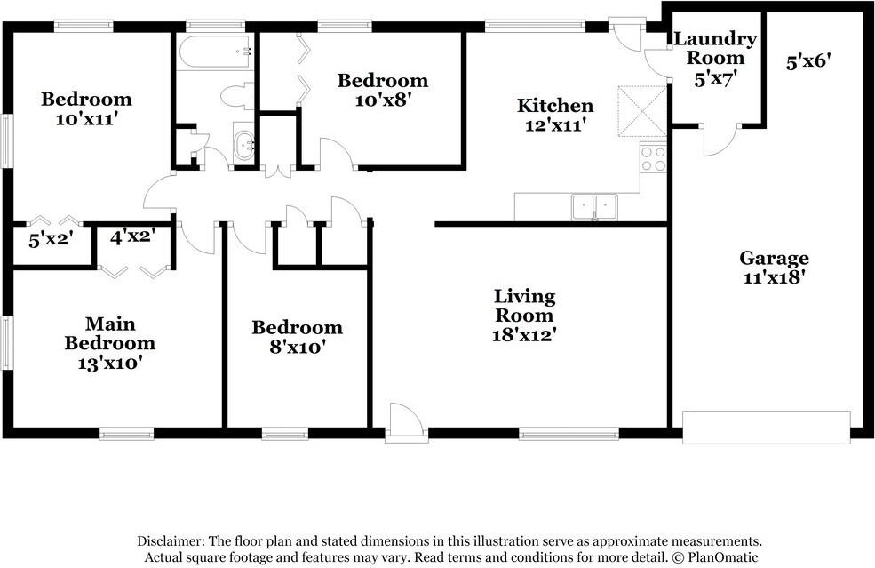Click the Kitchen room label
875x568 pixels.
click(x=554, y=105)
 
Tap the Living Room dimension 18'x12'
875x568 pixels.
click(x=524, y=334)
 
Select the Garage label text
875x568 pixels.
click(x=774, y=258)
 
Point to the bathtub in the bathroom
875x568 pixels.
click(x=215, y=52)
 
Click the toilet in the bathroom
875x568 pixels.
click(x=236, y=96)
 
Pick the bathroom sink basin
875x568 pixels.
click(x=244, y=145)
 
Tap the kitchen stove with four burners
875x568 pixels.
click(x=653, y=157)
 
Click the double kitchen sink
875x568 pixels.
click(x=594, y=207)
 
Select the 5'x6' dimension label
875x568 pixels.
click(x=808, y=61)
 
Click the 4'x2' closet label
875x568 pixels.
click(x=132, y=237)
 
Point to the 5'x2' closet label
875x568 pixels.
click(x=52, y=240)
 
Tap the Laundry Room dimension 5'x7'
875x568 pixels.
click(x=712, y=79)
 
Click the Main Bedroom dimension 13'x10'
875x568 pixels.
click(x=109, y=363)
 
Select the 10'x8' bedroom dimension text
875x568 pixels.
click(x=382, y=100)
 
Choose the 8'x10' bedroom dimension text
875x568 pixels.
click(x=298, y=348)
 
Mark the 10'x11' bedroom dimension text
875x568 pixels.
click(x=86, y=119)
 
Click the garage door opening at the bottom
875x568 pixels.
click(x=767, y=428)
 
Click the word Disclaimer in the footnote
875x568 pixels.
click(x=171, y=540)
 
